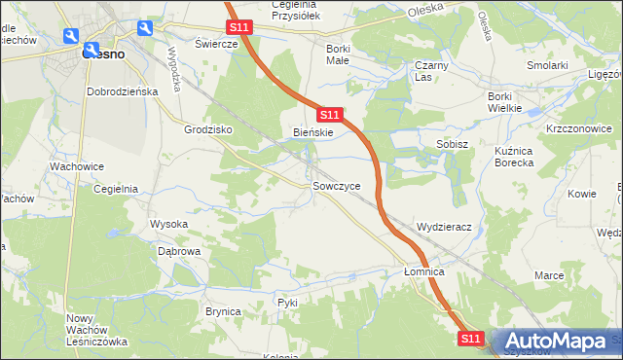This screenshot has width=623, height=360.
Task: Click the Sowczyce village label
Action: tap(336, 185)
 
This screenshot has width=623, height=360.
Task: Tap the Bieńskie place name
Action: tap(313, 132)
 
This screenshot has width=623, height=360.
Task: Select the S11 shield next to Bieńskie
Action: tap(329, 115)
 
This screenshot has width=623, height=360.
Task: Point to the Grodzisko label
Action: tap(205, 128)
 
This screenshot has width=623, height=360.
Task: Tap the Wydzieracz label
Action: tap(444, 227)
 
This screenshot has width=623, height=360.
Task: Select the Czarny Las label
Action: tap(429, 71)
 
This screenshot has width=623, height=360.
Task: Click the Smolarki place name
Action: tap(547, 65)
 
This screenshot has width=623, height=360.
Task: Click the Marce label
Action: tap(549, 275)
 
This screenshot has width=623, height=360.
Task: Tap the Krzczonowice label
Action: tap(577, 128)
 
